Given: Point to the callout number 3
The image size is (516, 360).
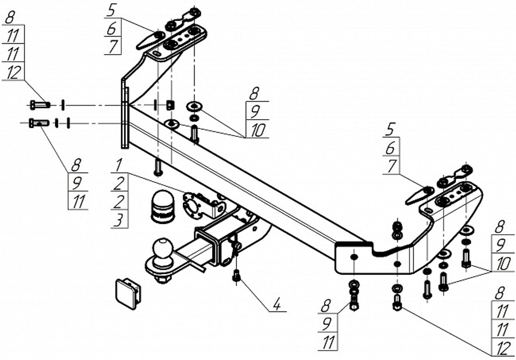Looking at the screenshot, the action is [119, 221].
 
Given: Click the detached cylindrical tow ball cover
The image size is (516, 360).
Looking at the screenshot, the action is [163, 207].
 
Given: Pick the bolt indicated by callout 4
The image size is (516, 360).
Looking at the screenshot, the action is [236, 275].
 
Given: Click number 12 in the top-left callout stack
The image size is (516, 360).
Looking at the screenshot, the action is [13, 72].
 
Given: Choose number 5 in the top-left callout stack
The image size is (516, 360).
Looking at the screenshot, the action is [111, 11].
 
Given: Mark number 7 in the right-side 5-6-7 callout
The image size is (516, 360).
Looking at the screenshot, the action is [391, 167].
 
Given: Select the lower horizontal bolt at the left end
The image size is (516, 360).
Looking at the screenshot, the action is [39, 123].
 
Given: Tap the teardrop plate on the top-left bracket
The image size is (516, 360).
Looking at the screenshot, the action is [150, 40].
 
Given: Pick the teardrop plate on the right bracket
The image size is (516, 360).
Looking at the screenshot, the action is [420, 196].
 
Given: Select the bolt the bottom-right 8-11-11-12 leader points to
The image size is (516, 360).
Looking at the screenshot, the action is [397, 303].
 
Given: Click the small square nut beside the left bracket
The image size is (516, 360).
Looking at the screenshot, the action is [170, 105].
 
